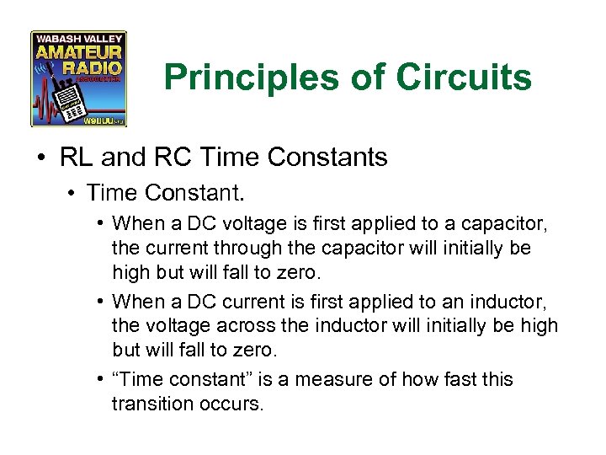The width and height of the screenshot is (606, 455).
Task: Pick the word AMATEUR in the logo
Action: [78, 55]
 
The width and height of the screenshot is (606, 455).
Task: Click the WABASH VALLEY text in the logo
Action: [78, 39]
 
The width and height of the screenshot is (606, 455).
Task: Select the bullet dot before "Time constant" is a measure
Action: [99, 380]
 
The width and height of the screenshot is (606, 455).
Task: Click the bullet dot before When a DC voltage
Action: [99, 223]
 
